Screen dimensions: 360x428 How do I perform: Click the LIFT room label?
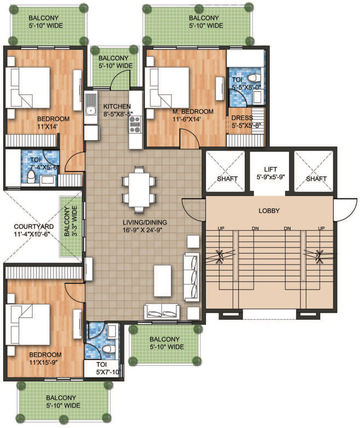(x=270, y=169)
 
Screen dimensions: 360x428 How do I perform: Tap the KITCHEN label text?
(x=117, y=106)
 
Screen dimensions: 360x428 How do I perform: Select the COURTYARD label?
(x=34, y=227)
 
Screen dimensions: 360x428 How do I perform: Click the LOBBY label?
(x=269, y=211)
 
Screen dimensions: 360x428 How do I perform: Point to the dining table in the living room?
(x=139, y=189)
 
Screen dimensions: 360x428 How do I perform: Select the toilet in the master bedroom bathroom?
(x=254, y=77)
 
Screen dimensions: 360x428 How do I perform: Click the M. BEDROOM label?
(x=193, y=112)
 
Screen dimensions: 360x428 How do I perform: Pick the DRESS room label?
(x=242, y=118)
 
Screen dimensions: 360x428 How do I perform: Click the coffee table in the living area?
(x=162, y=281)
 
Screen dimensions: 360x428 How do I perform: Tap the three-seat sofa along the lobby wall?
(x=191, y=277)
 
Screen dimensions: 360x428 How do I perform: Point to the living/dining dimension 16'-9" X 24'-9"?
(x=142, y=230)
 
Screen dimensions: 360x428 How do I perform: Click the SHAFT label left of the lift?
(x=227, y=179)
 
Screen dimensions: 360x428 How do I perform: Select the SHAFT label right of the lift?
(x=316, y=179)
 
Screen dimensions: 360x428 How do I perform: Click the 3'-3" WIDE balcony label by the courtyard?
(x=74, y=221)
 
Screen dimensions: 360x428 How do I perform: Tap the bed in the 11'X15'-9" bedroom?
(x=27, y=325)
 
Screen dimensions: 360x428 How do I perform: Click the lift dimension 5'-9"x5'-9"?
(x=270, y=177)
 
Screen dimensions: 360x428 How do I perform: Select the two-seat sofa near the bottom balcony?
(x=162, y=311)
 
